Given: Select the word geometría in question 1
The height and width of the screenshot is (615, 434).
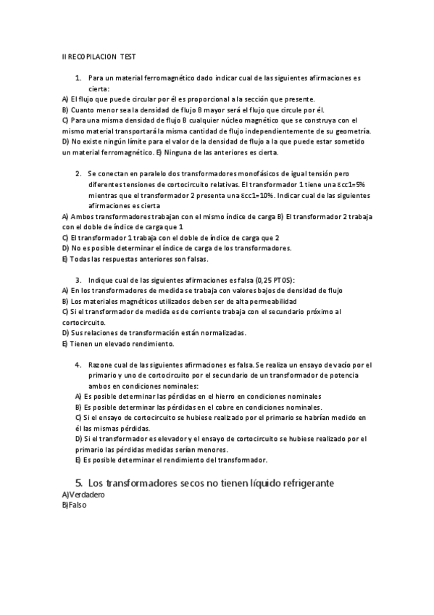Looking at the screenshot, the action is click(x=352, y=131).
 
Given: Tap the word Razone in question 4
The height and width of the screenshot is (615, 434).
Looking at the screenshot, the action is click(x=102, y=365).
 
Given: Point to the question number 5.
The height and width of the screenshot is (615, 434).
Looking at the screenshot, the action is click(x=79, y=482).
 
